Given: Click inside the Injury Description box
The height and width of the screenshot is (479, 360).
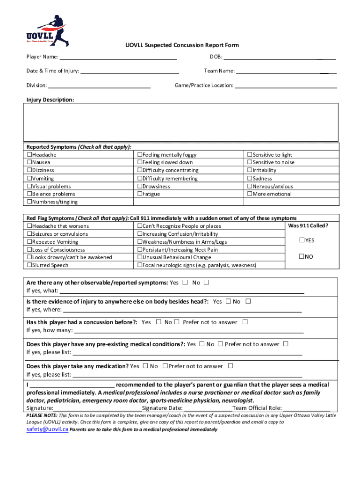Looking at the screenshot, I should click(182, 122).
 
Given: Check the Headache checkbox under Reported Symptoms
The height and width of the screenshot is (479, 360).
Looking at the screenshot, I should click(29, 155).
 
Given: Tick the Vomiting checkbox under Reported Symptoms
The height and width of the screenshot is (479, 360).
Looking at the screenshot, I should click(29, 179).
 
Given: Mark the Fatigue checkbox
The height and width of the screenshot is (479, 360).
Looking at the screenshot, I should click(139, 194).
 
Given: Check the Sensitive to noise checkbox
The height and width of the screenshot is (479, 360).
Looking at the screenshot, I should click(250, 163).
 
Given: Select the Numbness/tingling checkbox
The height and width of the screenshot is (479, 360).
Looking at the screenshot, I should click(29, 202).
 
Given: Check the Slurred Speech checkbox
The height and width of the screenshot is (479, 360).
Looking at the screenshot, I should click(29, 266).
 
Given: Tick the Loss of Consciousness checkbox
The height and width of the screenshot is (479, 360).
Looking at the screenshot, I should click(29, 250).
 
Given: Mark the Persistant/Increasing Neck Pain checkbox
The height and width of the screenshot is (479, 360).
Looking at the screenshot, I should click(139, 250).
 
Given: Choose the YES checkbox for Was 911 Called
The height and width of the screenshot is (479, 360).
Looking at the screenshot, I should click(302, 241).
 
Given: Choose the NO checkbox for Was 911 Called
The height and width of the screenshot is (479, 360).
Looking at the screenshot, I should click(302, 257).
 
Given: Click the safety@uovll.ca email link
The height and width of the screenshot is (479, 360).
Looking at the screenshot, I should click(47, 429).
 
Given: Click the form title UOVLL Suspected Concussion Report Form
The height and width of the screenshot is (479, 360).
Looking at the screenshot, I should click(182, 45).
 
